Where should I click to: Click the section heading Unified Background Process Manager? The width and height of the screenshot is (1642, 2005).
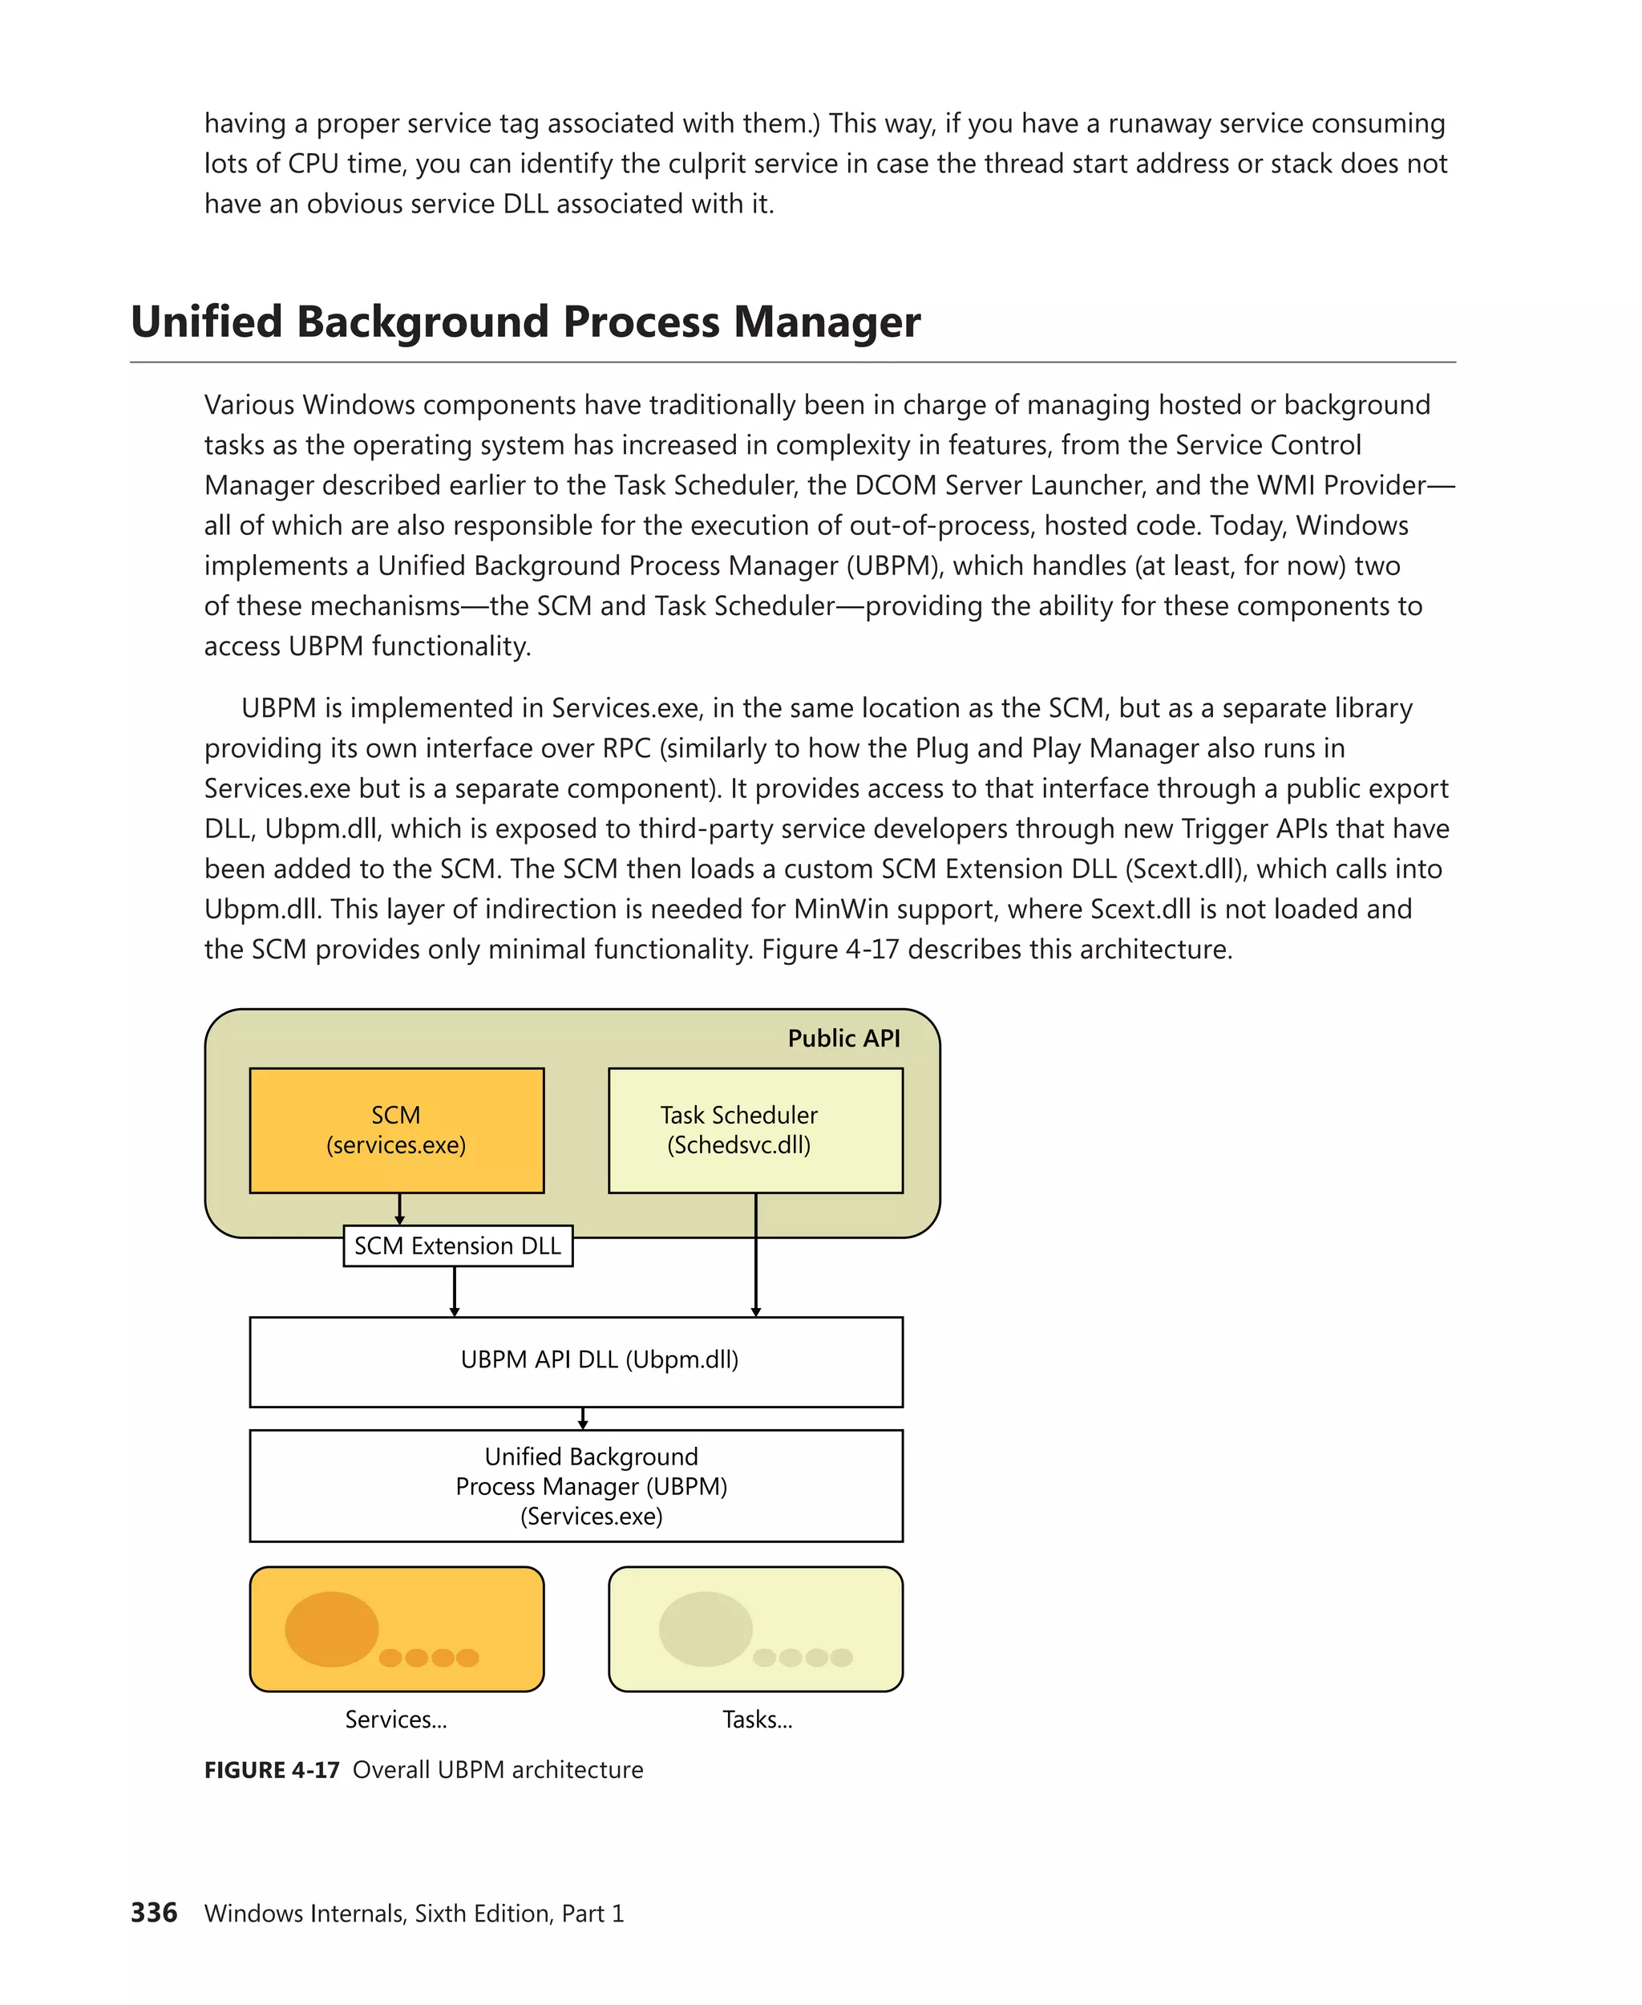coord(525,322)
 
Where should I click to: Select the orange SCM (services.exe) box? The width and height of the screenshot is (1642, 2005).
coord(396,1130)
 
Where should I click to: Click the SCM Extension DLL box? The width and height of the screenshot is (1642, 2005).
coord(458,1246)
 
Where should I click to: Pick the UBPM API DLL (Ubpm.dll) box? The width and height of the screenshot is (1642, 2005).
coord(576,1361)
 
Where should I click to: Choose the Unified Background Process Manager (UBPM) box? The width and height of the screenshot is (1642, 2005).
coord(576,1485)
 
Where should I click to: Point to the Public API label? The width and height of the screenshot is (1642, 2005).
coord(843,1038)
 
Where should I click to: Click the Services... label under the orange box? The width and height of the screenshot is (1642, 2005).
coord(395,1719)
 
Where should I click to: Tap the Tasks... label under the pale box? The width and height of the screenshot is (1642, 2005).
coord(758,1719)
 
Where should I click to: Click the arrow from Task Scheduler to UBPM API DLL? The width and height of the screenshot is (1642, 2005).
coord(756,1258)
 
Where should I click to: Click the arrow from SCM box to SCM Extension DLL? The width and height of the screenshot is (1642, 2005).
coord(399,1209)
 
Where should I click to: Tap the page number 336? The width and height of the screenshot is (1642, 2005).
coord(154,1912)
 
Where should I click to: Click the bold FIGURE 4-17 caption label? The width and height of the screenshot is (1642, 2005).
coord(272,1769)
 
